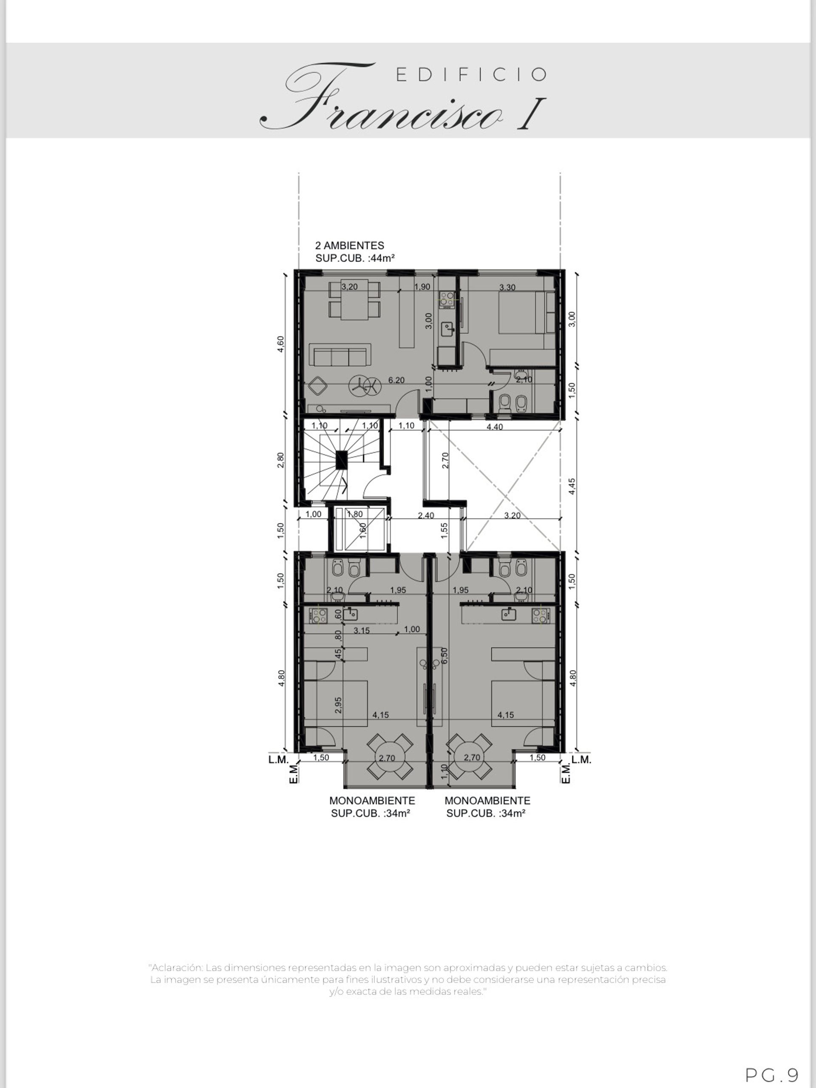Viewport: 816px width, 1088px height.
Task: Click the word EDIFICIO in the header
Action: click(471, 75)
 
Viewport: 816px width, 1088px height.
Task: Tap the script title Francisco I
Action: click(402, 98)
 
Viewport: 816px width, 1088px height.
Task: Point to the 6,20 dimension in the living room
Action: click(397, 380)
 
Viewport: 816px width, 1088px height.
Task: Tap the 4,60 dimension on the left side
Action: click(280, 344)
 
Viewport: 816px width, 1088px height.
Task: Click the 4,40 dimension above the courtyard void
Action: click(495, 427)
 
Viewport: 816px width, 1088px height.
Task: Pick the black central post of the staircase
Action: click(342, 460)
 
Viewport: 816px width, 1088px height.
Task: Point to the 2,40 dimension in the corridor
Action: click(426, 516)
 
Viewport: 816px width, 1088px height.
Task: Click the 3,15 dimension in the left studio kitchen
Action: click(362, 630)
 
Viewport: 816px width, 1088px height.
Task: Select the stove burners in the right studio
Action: click(541, 615)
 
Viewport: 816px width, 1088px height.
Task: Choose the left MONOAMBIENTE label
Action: click(372, 800)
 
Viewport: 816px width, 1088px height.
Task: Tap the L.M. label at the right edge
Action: click(581, 759)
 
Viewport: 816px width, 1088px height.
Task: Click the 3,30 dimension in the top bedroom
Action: click(507, 287)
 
